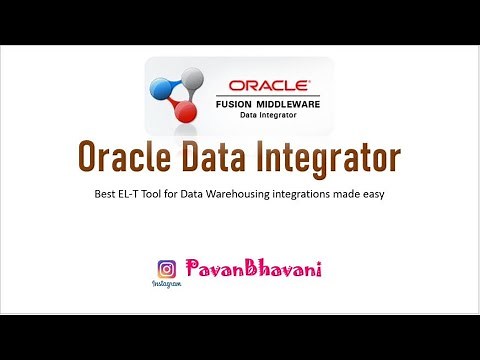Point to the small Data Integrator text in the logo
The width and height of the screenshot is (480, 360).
tap(271, 115)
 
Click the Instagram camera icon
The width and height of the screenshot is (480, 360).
tap(167, 269)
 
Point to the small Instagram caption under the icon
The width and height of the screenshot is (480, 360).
tap(167, 285)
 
